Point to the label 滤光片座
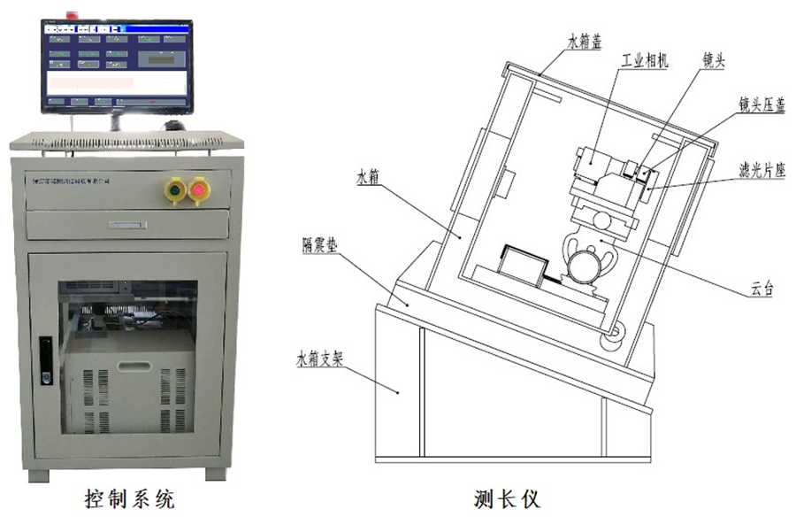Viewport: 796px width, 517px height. (x=762, y=171)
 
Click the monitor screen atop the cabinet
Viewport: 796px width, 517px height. (x=117, y=65)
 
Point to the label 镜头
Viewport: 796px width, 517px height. (x=713, y=61)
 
